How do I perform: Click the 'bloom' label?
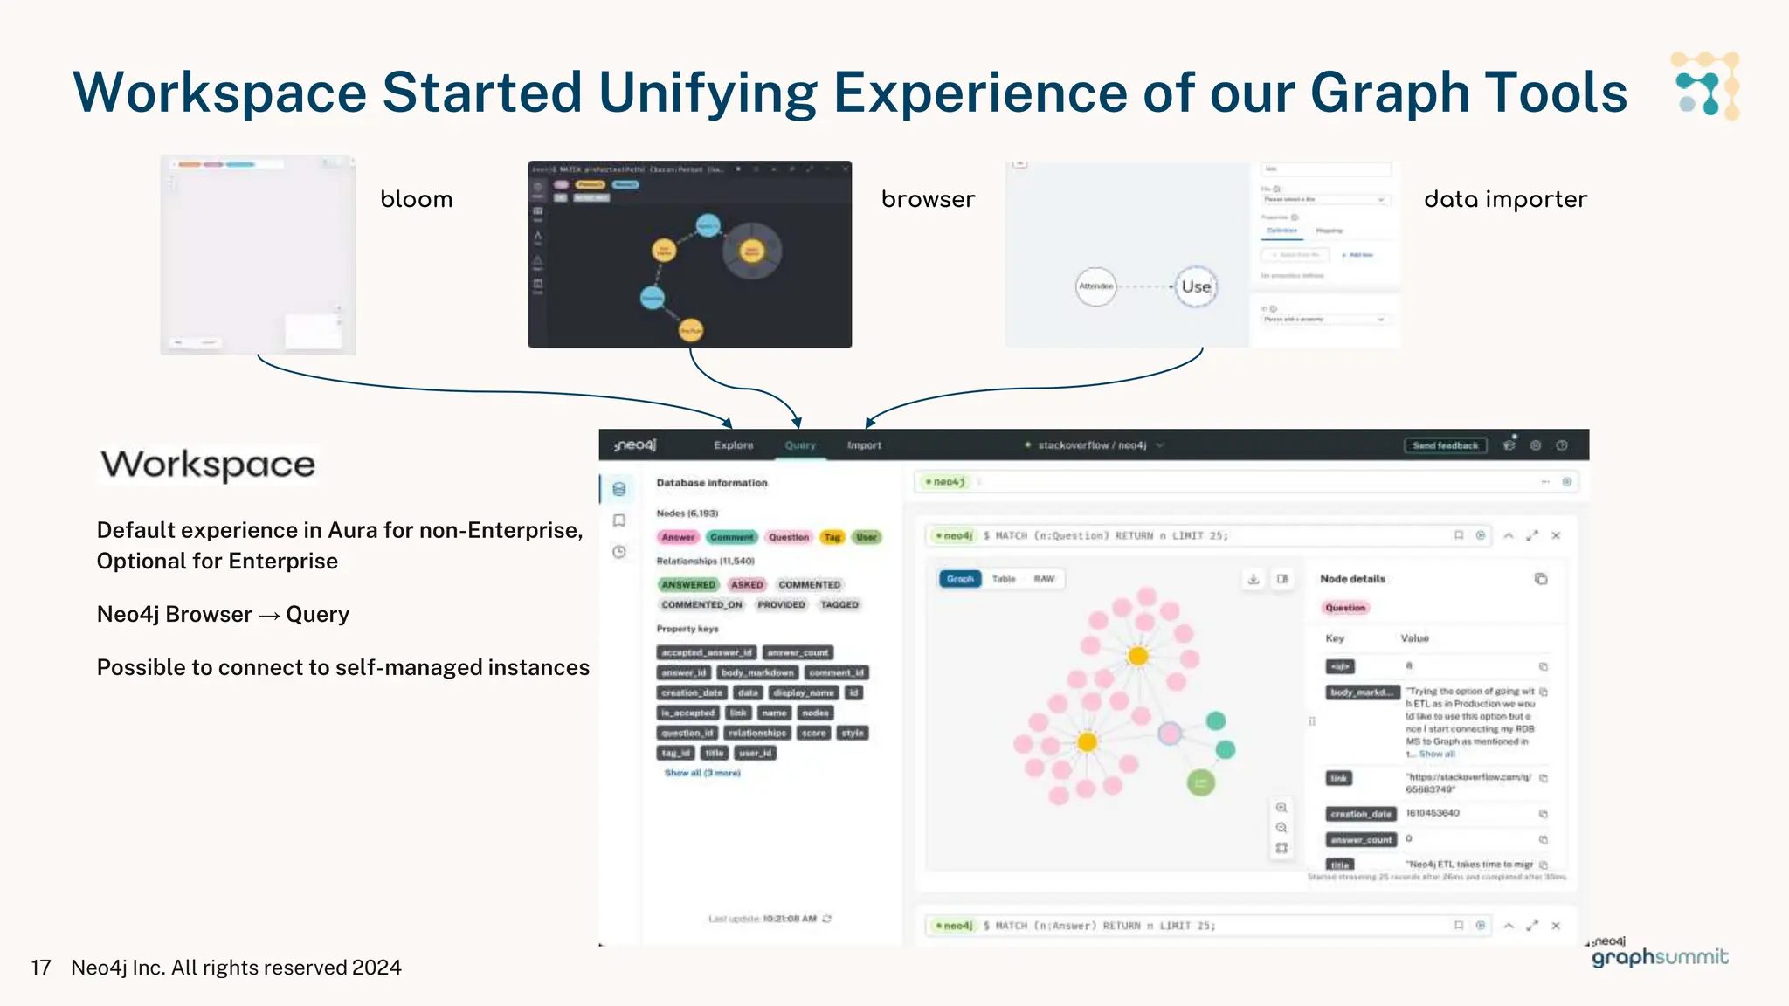click(x=416, y=200)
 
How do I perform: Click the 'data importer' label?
click(x=1505, y=200)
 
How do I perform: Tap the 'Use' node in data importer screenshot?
click(x=1196, y=286)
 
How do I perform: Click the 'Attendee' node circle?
click(x=1095, y=286)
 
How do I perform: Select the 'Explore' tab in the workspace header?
click(x=733, y=445)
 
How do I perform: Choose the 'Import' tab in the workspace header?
click(x=864, y=445)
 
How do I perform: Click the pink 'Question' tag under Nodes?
click(x=789, y=537)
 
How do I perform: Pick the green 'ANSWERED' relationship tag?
click(x=688, y=584)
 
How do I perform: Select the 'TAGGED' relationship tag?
click(x=839, y=604)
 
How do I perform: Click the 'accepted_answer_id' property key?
click(x=706, y=652)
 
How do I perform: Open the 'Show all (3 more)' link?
click(x=701, y=773)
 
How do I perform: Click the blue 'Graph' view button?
click(x=960, y=579)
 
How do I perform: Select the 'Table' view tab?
click(x=1004, y=579)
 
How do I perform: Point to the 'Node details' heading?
click(x=1352, y=579)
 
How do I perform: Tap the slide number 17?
click(x=40, y=968)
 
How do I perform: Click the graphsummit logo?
click(x=1659, y=955)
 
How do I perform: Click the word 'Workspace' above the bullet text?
click(x=208, y=465)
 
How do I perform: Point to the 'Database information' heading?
click(x=712, y=483)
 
